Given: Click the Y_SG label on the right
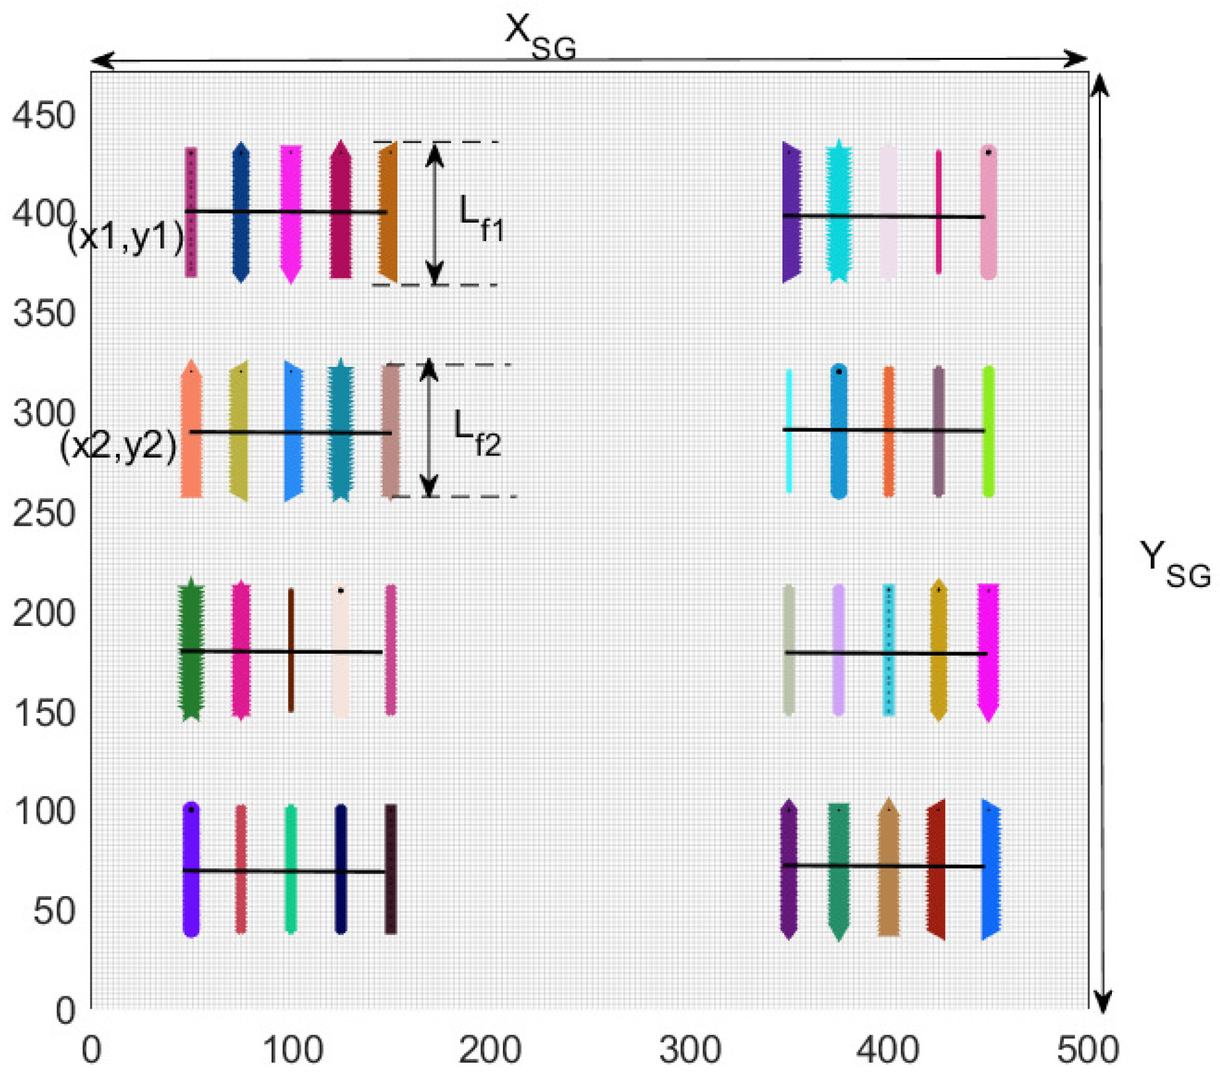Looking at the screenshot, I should pyautogui.click(x=1175, y=565).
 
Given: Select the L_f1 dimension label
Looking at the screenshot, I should pyautogui.click(x=480, y=219).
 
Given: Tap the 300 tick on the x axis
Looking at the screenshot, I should pyautogui.click(x=689, y=1050).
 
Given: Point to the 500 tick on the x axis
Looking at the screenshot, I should pyautogui.click(x=1087, y=1050).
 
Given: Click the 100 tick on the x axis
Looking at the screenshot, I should pyautogui.click(x=292, y=1050).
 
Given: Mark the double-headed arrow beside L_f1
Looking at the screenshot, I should pyautogui.click(x=434, y=213).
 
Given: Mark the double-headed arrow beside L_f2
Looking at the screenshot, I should pyautogui.click(x=429, y=429).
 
